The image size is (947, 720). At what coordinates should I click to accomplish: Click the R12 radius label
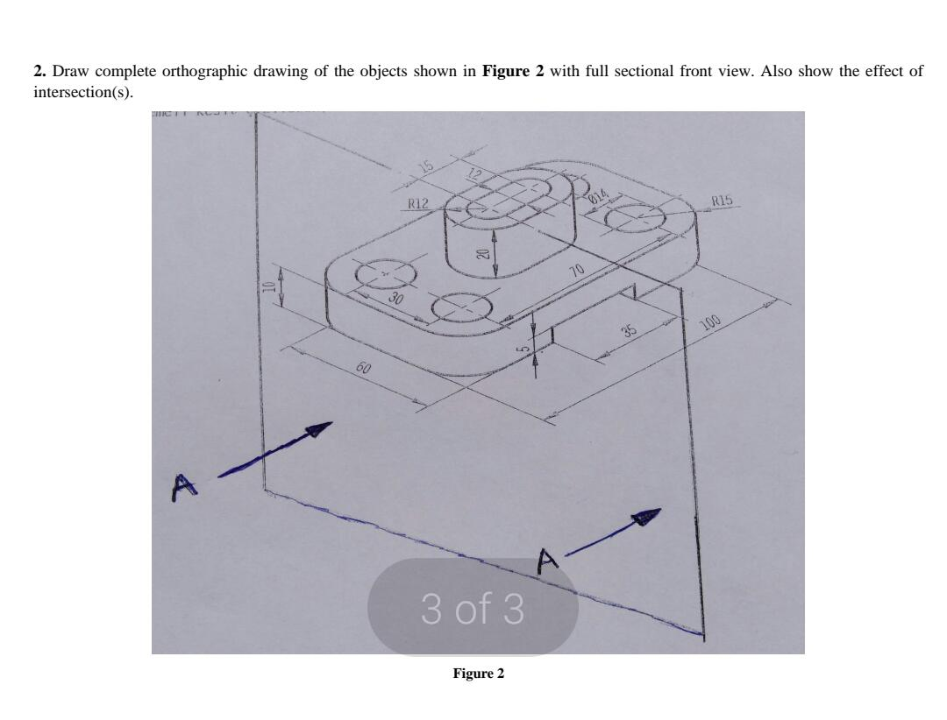pos(417,204)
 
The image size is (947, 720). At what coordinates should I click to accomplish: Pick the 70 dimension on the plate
pos(577,270)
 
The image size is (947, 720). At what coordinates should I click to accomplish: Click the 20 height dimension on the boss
pos(481,254)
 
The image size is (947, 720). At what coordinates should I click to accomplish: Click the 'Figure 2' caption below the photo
pos(478,674)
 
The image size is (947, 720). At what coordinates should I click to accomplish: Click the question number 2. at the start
pos(39,71)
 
